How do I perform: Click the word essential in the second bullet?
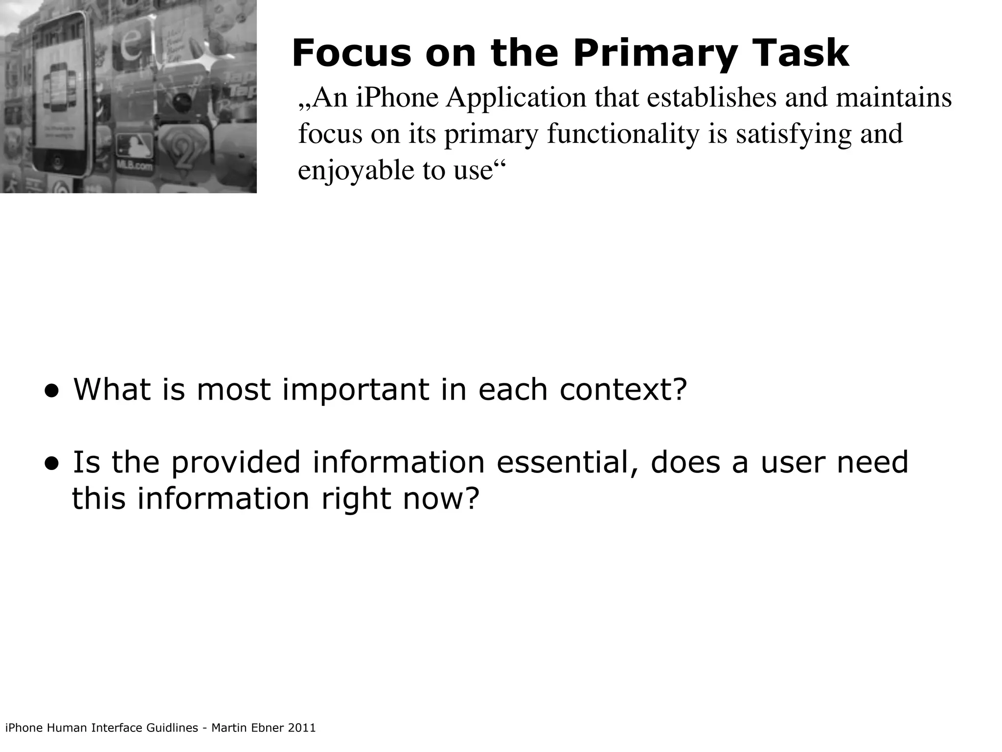(567, 462)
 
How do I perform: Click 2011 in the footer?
(302, 728)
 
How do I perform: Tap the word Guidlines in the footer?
(172, 728)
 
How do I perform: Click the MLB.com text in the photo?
(133, 166)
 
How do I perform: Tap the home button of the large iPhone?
(57, 163)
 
